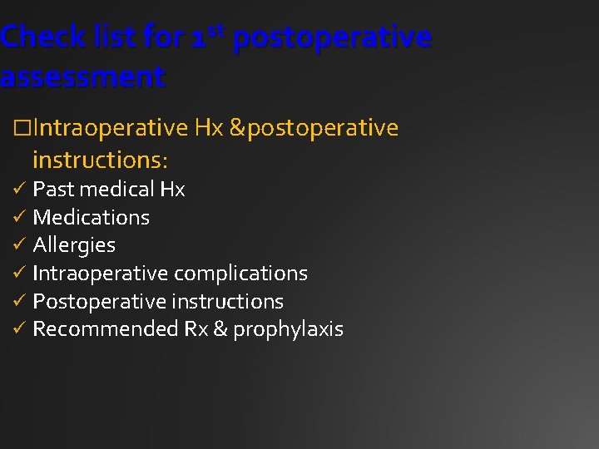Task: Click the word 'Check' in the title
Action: (42, 37)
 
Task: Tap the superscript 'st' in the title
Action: (220, 30)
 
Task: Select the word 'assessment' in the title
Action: (82, 77)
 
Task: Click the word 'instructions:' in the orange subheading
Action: (101, 158)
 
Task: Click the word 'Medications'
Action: (91, 218)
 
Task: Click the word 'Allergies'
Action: (74, 245)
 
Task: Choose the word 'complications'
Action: (239, 274)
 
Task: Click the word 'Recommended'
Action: (105, 329)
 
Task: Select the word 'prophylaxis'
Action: (288, 329)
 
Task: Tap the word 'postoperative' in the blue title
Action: (334, 37)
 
